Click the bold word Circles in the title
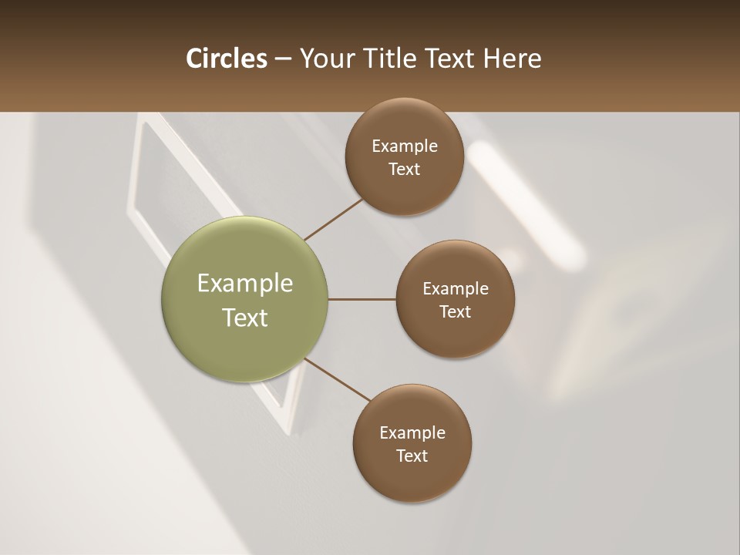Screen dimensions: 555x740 226,59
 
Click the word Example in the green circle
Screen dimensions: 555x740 245,284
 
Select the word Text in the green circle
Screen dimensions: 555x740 245,318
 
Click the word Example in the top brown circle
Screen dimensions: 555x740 405,146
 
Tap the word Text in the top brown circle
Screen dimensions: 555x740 404,170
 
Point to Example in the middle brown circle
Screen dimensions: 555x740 456,289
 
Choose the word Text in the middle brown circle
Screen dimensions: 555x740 455,312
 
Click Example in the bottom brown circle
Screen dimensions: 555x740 412,433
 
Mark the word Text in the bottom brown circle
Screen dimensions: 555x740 412,456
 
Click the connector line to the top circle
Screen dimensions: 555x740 333,219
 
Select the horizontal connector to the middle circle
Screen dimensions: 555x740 362,299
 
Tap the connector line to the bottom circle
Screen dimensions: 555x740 337,379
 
